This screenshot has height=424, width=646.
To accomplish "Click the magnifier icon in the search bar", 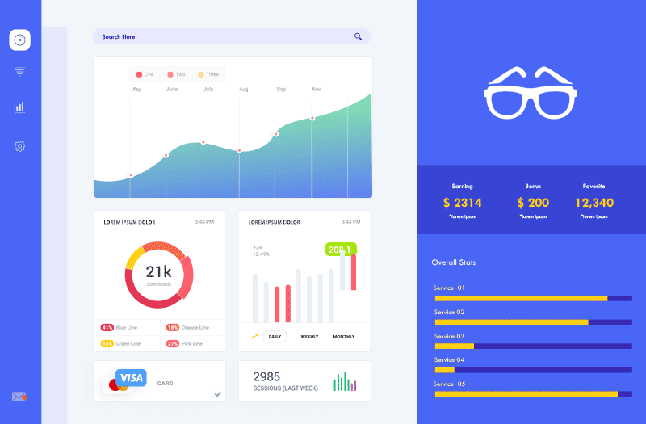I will click(358, 36).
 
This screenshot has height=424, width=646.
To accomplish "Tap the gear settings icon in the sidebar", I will click(19, 146).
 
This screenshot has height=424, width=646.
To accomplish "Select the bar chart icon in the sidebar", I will click(19, 107).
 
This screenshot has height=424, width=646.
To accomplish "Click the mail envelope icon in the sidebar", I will click(19, 397).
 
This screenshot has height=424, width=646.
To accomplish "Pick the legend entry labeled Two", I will click(176, 74).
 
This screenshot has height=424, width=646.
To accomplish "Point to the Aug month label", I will click(243, 90).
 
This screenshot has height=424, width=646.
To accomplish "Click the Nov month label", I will click(316, 90).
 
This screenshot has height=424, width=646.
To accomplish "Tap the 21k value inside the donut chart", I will click(158, 272).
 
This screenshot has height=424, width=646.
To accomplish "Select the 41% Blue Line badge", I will click(107, 328).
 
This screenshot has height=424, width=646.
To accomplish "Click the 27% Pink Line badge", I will click(172, 344).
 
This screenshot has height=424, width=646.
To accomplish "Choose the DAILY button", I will click(275, 337).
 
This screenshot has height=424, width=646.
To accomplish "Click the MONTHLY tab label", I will click(343, 337).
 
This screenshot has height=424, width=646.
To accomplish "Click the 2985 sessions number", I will click(266, 376).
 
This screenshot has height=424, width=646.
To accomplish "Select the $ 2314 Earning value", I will click(462, 203).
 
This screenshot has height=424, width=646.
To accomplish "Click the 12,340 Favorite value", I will click(594, 203).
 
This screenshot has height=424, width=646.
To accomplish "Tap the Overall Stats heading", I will click(454, 262).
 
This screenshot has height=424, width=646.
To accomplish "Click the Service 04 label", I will click(449, 359).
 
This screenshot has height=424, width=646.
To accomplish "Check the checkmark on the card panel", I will click(217, 394).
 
